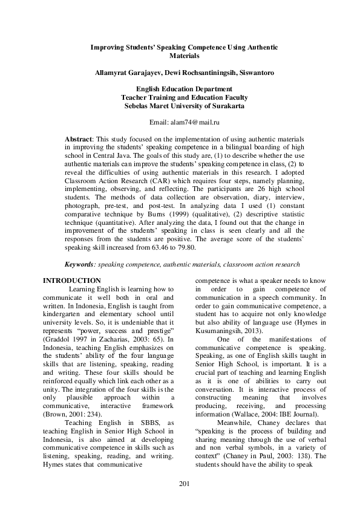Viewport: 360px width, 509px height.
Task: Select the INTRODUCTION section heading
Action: (71, 280)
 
